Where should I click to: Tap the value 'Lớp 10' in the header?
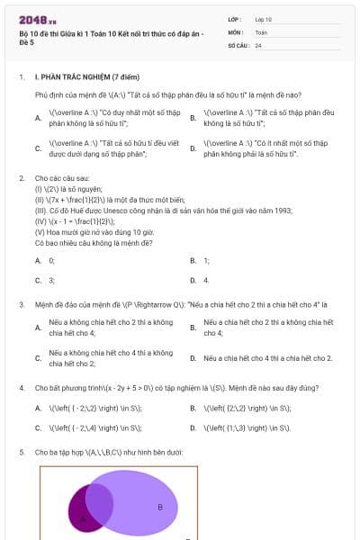(264, 19)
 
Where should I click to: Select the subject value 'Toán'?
(262, 31)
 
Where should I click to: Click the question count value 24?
(258, 45)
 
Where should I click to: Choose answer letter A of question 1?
(38, 118)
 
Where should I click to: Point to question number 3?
(21, 305)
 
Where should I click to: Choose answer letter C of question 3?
(38, 358)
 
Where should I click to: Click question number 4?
(21, 388)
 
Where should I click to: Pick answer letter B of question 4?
(193, 408)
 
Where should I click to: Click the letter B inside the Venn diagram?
(160, 508)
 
